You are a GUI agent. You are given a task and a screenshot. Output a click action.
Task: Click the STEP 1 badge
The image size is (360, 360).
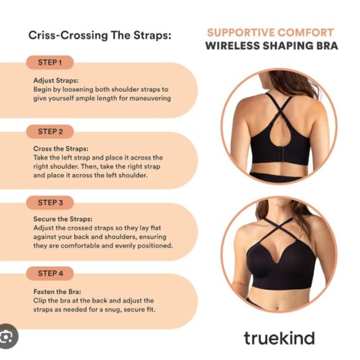point(50,63)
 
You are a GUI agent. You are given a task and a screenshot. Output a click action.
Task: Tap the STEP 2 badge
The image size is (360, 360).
point(50,132)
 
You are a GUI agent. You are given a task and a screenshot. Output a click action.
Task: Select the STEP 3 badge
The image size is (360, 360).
point(50,203)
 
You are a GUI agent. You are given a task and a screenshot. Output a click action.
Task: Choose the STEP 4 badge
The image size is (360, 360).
point(50,274)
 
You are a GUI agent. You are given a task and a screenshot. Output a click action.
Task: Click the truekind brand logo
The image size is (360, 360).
point(279,338)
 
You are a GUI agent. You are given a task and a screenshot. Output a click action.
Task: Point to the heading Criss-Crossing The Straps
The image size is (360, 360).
point(100,35)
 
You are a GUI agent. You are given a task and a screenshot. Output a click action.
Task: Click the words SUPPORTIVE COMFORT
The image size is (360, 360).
point(270,33)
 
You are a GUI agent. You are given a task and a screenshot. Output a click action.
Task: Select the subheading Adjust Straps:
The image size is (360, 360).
point(56,81)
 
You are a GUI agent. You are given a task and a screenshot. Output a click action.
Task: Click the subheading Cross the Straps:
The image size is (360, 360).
point(61,149)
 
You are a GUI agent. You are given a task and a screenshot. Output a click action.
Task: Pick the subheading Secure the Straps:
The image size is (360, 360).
point(63,219)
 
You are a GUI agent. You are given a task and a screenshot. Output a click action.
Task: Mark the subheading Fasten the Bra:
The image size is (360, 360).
point(57,292)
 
